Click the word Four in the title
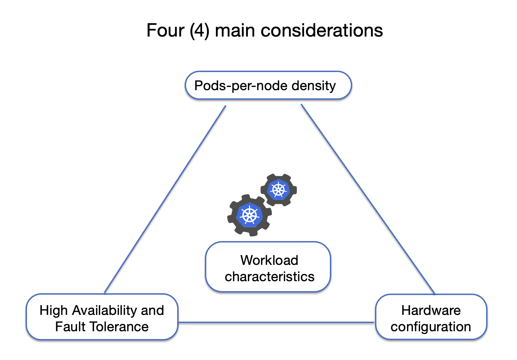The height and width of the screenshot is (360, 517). pyautogui.click(x=165, y=31)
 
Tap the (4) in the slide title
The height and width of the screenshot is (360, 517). pyautogui.click(x=199, y=31)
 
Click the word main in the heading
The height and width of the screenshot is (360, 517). pyautogui.click(x=235, y=31)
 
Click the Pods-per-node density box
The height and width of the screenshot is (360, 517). pyautogui.click(x=268, y=86)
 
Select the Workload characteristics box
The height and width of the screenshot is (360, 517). pyautogui.click(x=268, y=267)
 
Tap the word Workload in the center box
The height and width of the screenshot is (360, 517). pyautogui.click(x=269, y=260)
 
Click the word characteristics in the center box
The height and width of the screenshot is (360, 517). pyautogui.click(x=270, y=277)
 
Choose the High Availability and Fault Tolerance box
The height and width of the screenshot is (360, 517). pyautogui.click(x=102, y=317)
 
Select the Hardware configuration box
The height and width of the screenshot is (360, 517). pyautogui.click(x=431, y=317)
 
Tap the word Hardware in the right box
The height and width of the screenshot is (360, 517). pyautogui.click(x=431, y=311)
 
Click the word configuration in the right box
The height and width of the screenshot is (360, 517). pyautogui.click(x=431, y=327)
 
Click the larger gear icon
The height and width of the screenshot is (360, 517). pyautogui.click(x=249, y=215)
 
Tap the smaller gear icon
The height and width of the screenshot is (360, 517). pyautogui.click(x=279, y=190)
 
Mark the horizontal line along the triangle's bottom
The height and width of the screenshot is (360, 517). pyautogui.click(x=276, y=322)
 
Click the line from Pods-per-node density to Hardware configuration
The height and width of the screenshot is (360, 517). pyautogui.click(x=368, y=199)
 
